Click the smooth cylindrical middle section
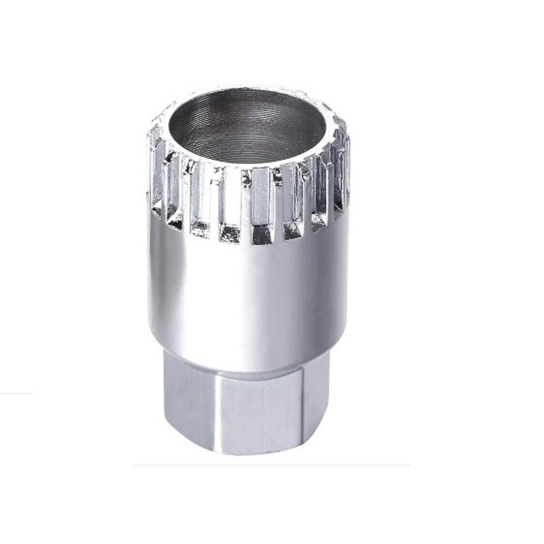247,290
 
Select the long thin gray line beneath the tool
271,466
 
